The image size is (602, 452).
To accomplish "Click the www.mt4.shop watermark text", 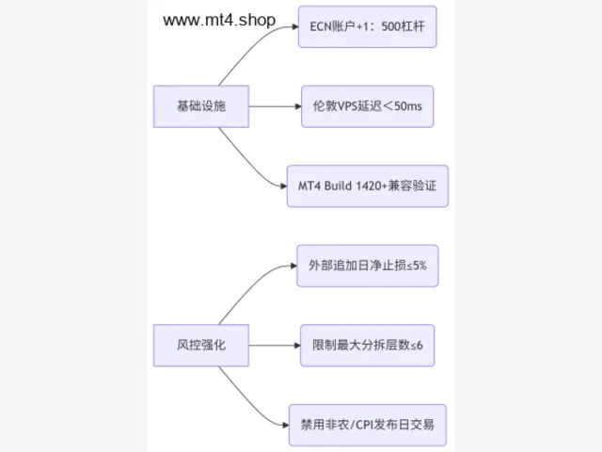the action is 219,20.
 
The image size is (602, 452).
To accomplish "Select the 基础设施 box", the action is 201,106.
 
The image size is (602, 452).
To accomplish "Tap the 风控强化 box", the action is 201,346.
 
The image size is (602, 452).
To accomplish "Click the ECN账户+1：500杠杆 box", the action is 368,26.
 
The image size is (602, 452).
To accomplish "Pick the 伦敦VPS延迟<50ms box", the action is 368,106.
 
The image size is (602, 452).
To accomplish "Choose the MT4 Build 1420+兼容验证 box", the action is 368,186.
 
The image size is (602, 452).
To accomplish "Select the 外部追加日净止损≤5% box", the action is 368,266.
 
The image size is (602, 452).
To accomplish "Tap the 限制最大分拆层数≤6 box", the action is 368,346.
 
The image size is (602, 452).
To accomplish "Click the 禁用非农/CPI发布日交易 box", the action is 368,425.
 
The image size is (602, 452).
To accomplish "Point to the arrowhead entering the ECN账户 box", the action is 295,26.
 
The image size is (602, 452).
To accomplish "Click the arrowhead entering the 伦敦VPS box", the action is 298,106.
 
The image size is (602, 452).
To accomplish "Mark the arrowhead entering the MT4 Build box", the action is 284,186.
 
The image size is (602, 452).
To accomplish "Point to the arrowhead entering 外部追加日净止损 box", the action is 293,266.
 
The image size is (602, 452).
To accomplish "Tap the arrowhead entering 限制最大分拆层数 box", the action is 297,346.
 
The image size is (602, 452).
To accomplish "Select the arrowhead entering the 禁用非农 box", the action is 286,425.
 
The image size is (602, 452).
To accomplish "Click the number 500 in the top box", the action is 391,26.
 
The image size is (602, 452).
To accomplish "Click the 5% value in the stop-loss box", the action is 420,266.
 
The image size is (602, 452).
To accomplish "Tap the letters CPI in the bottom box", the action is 365,425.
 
